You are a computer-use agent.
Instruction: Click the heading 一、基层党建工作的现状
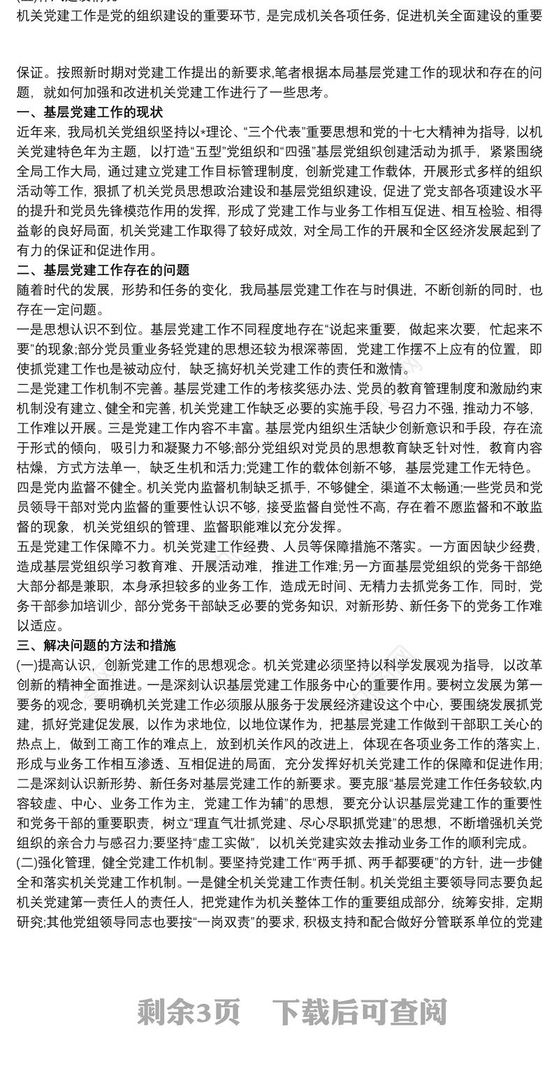[x=89, y=112]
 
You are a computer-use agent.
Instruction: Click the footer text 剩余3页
[x=189, y=1011]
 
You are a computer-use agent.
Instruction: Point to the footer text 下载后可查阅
[x=359, y=1011]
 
